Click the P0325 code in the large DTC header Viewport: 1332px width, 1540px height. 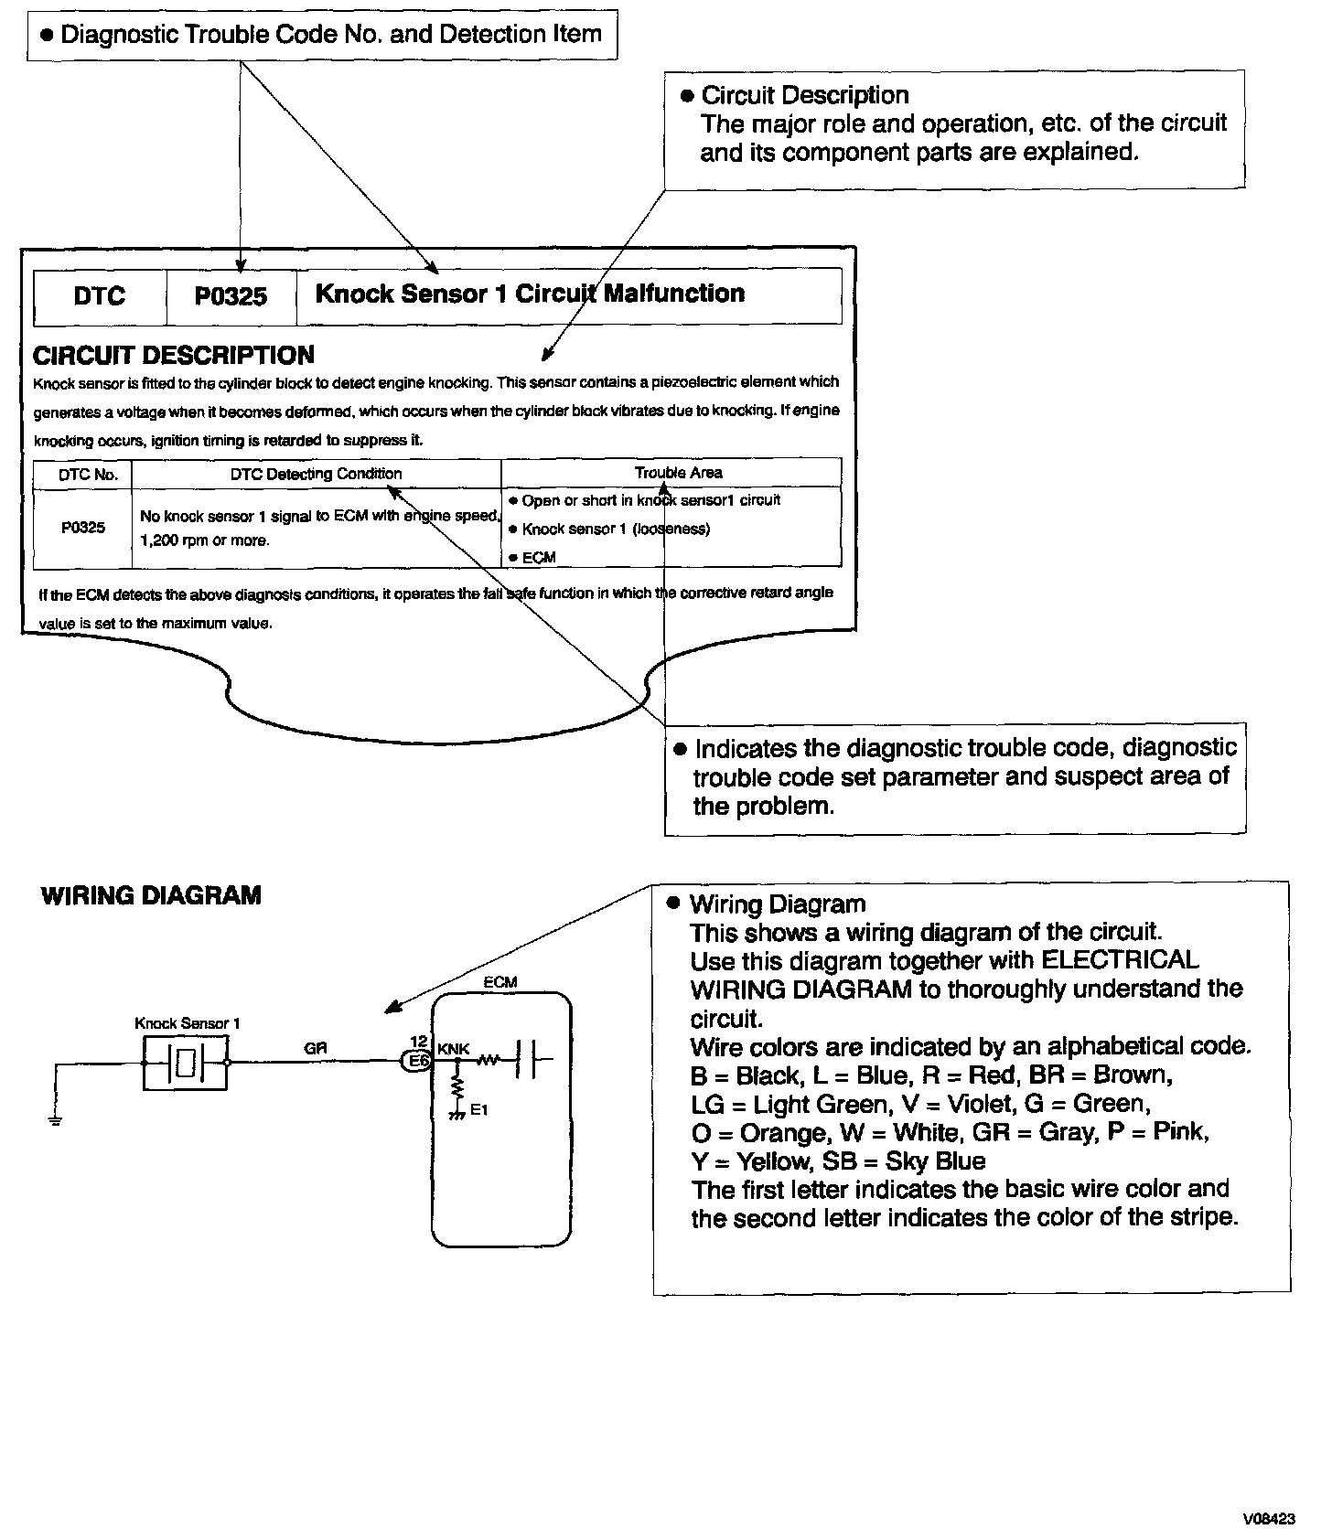(x=231, y=296)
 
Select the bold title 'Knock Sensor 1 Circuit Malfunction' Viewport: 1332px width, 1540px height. (x=530, y=294)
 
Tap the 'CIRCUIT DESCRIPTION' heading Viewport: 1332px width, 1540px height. (x=174, y=355)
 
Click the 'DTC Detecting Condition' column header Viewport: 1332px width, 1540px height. (x=316, y=474)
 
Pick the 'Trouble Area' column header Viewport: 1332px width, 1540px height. (x=678, y=473)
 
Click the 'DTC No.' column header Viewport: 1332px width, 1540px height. (x=83, y=475)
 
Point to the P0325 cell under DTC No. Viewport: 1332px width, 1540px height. (x=83, y=528)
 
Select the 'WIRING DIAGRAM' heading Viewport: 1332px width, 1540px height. (x=151, y=895)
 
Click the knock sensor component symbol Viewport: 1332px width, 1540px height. (x=186, y=1063)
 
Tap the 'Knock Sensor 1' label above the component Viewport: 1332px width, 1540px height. (x=187, y=1023)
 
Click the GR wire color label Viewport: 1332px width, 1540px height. (x=316, y=1049)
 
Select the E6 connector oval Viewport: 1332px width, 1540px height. (x=418, y=1062)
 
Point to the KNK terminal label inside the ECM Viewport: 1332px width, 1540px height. (x=454, y=1049)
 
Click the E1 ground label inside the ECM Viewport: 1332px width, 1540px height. (x=479, y=1110)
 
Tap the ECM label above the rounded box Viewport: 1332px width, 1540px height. (x=500, y=982)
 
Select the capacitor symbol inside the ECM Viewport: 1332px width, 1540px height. (x=529, y=1061)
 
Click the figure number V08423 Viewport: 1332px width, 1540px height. (x=1268, y=1520)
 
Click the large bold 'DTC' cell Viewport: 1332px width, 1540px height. (x=100, y=296)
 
